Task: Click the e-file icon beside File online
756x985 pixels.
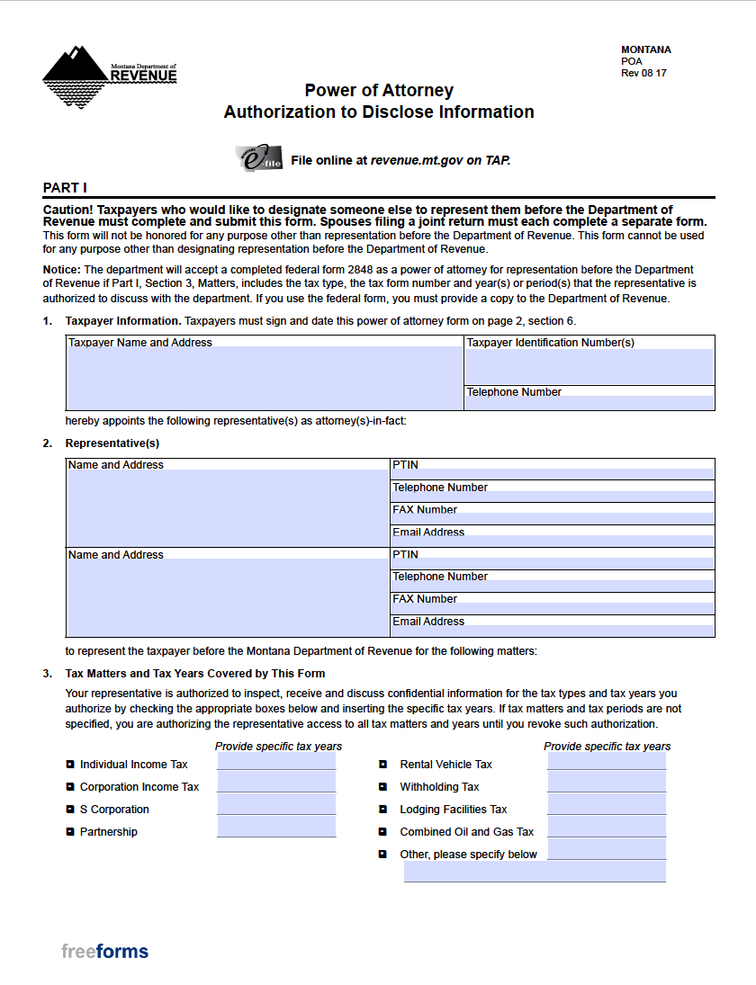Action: (258, 159)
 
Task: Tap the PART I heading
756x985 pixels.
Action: (65, 187)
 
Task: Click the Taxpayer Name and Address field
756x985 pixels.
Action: (265, 379)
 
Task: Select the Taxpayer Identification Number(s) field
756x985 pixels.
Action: (589, 366)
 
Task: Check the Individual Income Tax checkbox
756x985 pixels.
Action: (70, 765)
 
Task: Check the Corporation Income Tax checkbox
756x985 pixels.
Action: (70, 787)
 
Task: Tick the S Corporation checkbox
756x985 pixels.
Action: (70, 810)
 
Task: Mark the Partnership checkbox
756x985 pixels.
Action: (70, 832)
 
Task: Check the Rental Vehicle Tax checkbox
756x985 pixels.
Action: (382, 765)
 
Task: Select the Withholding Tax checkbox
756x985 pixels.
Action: (382, 787)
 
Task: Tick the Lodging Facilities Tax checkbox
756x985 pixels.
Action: (382, 810)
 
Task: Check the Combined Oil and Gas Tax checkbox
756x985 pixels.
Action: (382, 832)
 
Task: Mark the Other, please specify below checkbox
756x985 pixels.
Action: (382, 855)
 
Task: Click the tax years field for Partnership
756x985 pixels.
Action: (276, 828)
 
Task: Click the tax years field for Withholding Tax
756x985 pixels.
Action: (607, 783)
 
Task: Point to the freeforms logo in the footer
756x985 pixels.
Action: (104, 952)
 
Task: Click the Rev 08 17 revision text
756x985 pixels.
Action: (643, 74)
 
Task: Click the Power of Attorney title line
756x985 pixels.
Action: (379, 90)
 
